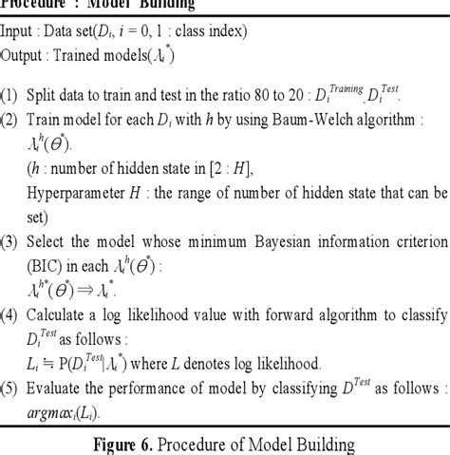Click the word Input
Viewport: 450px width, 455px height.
20,31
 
